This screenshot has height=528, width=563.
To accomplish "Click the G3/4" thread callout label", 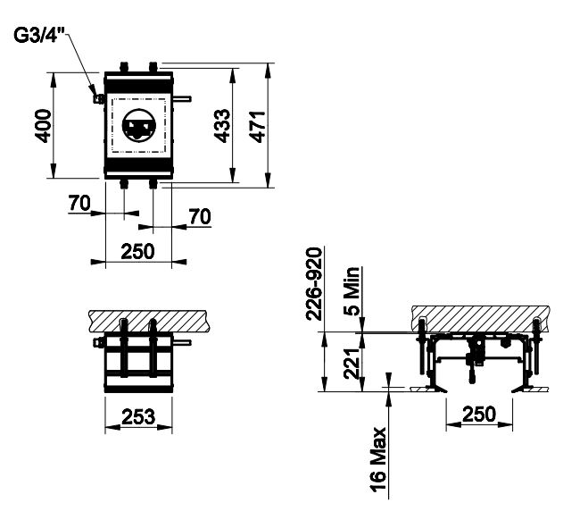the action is pos(38,35).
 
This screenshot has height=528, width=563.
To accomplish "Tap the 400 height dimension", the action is pos(44,126).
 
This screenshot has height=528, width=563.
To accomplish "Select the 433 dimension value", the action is pos(222,126).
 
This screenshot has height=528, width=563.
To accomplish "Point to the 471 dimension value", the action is pos(258,127).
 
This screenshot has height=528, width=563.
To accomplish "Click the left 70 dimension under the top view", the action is pos(79,203).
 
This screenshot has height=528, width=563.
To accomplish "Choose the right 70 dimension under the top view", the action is pos(200,217).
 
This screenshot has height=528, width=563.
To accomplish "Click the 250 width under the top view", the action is pos(137,251).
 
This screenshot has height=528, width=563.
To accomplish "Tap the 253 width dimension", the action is pos(138,417).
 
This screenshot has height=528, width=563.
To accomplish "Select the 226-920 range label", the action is pos(314,283).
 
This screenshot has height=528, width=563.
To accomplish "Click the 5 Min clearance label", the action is pos(352,291).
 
